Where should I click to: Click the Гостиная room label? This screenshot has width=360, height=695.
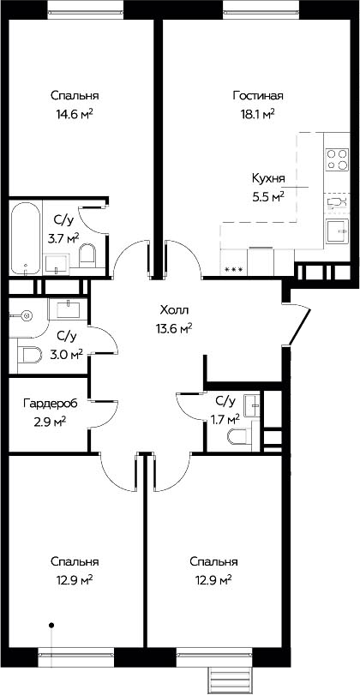(x=258, y=96)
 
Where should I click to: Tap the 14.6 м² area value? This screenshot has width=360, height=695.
(x=75, y=114)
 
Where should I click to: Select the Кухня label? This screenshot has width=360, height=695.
(x=268, y=178)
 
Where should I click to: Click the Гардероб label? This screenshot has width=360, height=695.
(x=50, y=404)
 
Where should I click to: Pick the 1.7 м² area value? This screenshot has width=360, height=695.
(x=225, y=419)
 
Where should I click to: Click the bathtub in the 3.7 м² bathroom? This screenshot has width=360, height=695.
(x=25, y=237)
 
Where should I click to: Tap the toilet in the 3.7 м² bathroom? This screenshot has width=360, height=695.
(x=87, y=255)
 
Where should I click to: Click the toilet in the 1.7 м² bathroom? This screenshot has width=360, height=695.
(x=239, y=436)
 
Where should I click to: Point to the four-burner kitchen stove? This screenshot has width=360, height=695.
(x=337, y=159)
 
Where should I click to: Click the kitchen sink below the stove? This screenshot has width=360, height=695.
(x=338, y=231)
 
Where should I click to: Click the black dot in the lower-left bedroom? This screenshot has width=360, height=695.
(x=51, y=626)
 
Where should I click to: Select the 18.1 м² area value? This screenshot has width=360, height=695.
(x=256, y=114)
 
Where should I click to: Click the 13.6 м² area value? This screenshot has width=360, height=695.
(x=173, y=328)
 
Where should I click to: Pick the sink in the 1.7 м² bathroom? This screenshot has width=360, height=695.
(x=252, y=404)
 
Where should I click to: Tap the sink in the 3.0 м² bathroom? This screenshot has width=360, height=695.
(x=68, y=308)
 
